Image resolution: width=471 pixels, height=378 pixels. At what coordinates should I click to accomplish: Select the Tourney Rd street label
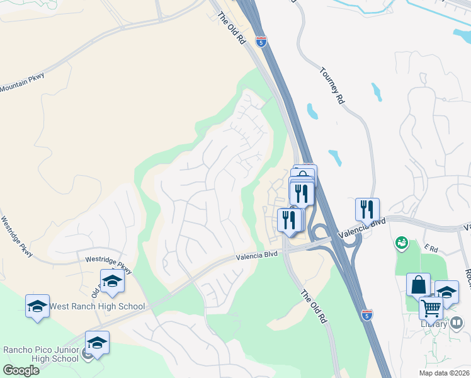click(x=332, y=86)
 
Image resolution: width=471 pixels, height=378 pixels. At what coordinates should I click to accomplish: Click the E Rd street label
click(x=431, y=249)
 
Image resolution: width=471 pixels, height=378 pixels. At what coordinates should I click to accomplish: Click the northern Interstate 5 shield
click(x=261, y=42)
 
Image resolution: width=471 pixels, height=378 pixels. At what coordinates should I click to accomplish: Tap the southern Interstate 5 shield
click(x=367, y=313)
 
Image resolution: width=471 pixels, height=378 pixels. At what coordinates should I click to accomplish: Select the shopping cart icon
click(x=431, y=309)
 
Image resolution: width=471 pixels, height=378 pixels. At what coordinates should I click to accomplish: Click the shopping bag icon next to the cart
click(x=418, y=285)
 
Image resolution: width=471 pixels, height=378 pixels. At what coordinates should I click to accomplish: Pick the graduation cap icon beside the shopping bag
click(x=446, y=292)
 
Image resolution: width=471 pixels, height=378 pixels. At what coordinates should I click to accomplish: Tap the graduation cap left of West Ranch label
click(x=37, y=306)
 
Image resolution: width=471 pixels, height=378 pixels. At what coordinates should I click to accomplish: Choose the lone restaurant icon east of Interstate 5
click(x=366, y=209)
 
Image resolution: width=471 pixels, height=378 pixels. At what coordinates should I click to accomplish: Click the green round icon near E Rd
click(x=401, y=242)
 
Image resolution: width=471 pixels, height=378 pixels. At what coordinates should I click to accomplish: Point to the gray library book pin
click(x=458, y=323)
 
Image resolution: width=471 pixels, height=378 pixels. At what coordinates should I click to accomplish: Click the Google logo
click(x=21, y=370)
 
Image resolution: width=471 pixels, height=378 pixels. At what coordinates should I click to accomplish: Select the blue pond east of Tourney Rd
click(x=377, y=92)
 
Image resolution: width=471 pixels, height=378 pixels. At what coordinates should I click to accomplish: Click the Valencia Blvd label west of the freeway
click(x=257, y=257)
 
